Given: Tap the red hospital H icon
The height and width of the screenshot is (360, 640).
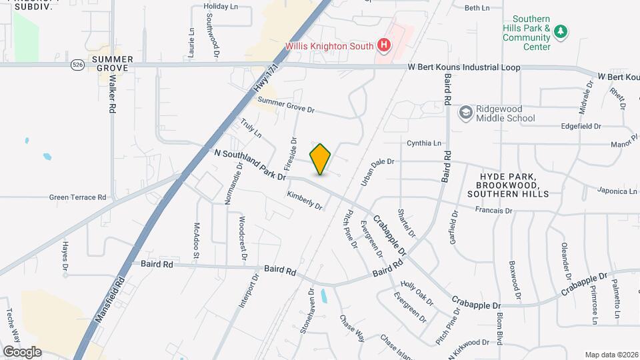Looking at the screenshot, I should coord(383,45).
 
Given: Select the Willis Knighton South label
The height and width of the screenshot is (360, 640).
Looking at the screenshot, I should coord(329,46).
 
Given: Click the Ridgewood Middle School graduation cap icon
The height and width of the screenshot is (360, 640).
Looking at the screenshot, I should coord(464,113).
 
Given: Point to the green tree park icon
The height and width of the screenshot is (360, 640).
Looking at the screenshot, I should coord(561,31).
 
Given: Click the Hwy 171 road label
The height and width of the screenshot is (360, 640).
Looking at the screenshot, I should coord(265,79).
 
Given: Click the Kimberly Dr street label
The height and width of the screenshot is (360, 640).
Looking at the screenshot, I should coord(305,201).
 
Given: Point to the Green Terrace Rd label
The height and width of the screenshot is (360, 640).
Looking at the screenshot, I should coord(77,197).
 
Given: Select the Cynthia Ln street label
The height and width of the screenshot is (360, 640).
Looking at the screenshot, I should coord(424,143).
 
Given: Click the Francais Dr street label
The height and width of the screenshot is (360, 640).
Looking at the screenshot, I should coord(493,211).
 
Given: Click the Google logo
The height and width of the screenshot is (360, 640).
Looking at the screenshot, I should coord(22,352).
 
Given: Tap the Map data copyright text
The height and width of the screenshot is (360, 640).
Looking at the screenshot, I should coord(611,355).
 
